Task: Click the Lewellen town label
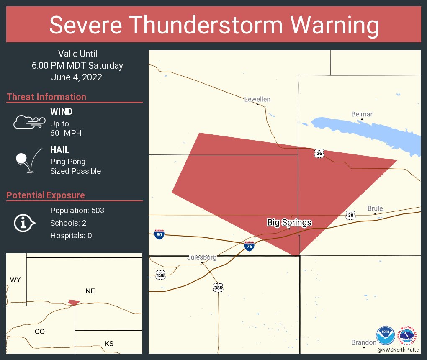[257, 99]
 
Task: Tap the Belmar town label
[362, 114]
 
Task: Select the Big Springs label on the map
[289, 222]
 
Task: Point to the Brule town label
[375, 208]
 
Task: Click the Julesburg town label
[202, 257]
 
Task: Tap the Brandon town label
[364, 342]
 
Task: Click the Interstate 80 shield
[159, 234]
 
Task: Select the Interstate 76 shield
[249, 246]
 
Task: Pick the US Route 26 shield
[319, 154]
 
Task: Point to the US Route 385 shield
[218, 288]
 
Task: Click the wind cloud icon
[29, 121]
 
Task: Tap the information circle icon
[24, 223]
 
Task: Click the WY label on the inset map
[15, 280]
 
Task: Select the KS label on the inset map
[109, 344]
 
